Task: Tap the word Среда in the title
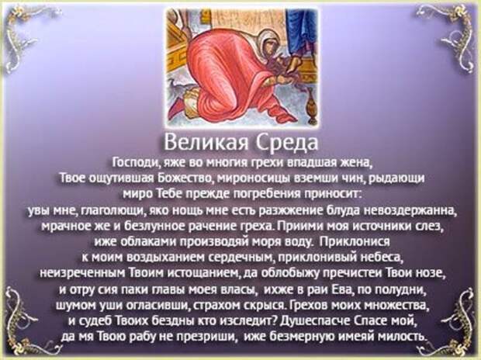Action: (286, 143)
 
